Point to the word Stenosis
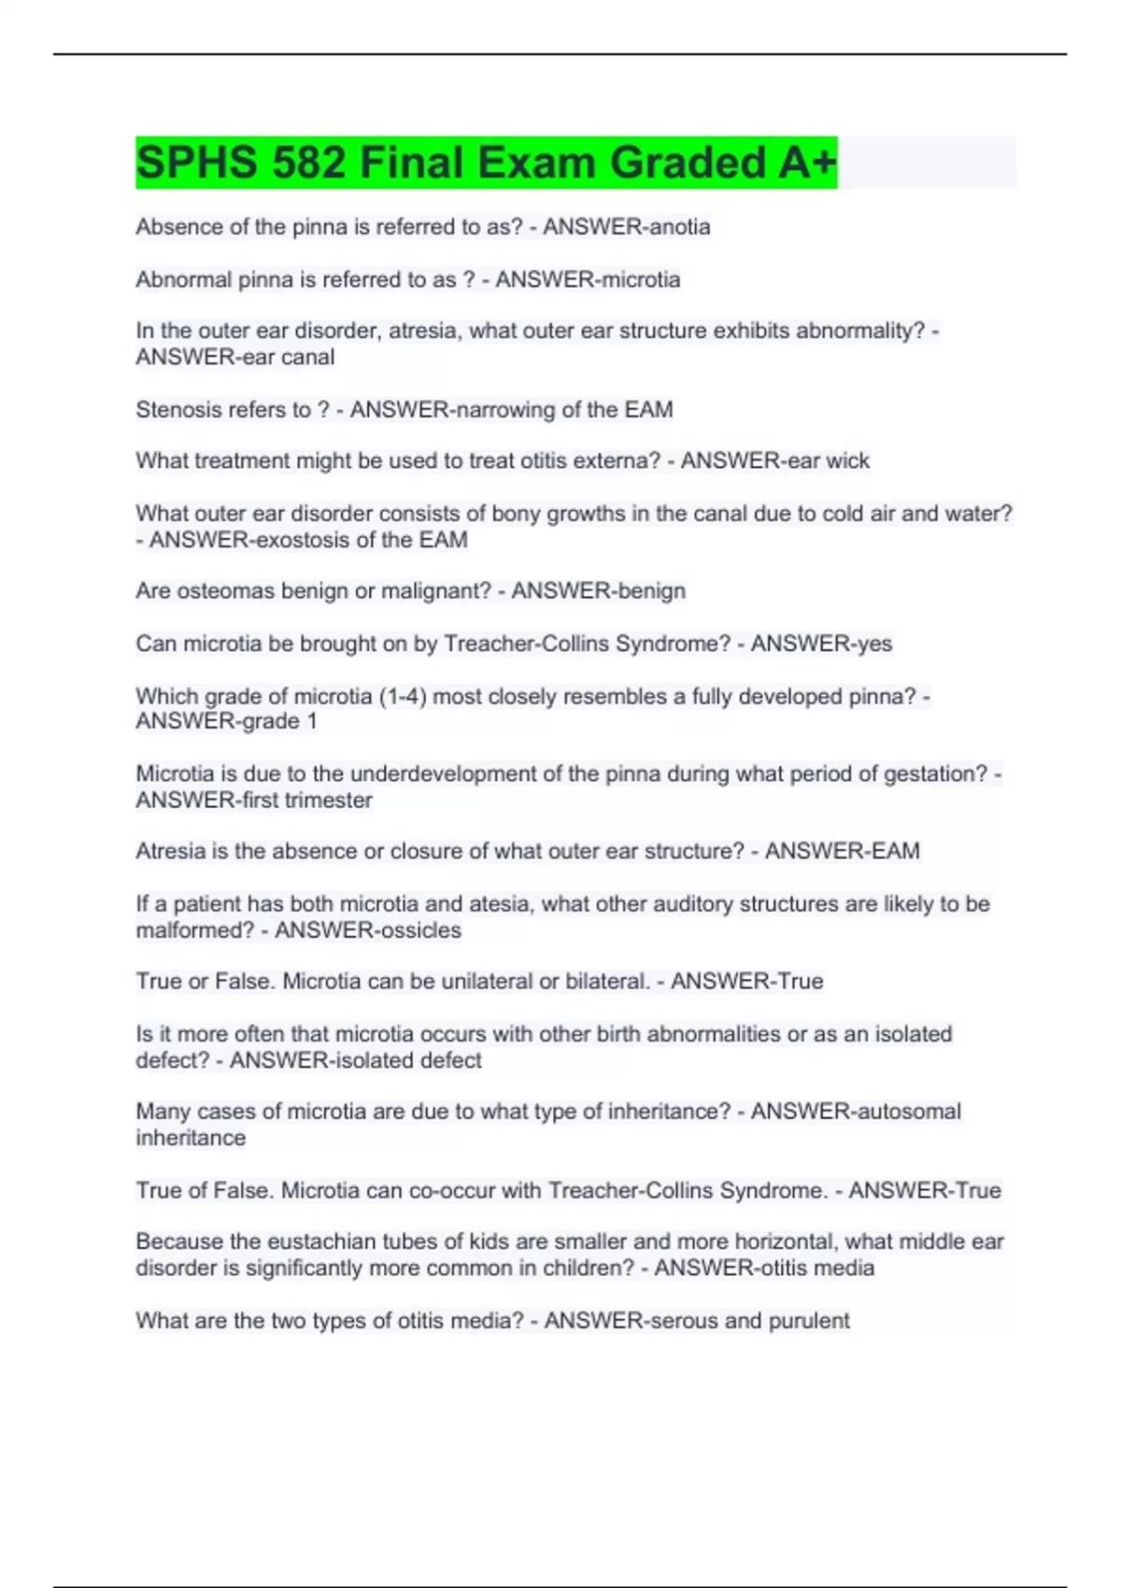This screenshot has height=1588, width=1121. [x=175, y=409]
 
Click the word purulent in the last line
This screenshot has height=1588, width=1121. [x=809, y=1321]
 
